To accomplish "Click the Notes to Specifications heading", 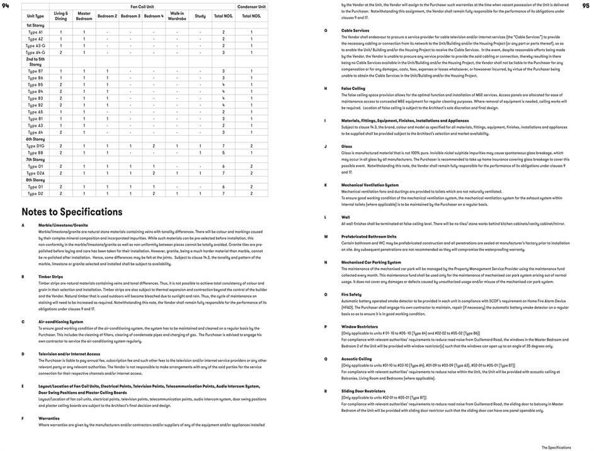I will coord(72,212).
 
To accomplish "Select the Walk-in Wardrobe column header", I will coord(177,16).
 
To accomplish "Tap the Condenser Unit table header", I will coord(252,6).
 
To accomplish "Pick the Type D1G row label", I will coord(35,146).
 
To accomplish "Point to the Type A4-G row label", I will coord(35,53).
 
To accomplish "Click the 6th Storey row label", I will coord(35,139).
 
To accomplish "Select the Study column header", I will coord(200,16).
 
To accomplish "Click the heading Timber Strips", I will coord(51,276).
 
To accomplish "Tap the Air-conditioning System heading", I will coord(60,321).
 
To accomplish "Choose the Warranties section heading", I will coord(49,418).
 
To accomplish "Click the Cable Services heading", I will coord(355,30).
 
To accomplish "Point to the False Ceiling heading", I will coord(353,89).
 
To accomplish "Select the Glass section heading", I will coord(347,147).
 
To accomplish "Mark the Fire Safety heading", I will coord(351,294).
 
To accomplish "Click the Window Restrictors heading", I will coord(360,326).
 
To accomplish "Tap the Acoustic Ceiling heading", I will coord(357,359).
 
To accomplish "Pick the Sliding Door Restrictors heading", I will coord(363,391).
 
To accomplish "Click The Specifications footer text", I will coord(556,447).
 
